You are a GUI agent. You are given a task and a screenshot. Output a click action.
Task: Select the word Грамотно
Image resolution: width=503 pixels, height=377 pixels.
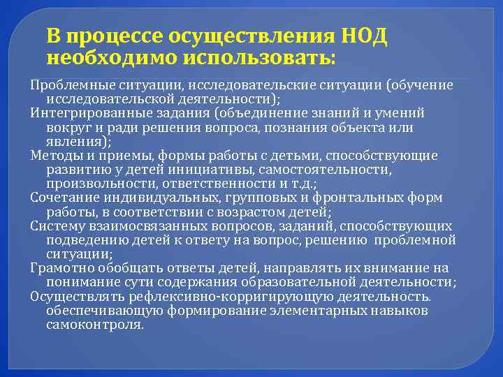[59, 268]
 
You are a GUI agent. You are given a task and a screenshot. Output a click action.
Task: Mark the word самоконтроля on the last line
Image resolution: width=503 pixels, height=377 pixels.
[94, 325]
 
